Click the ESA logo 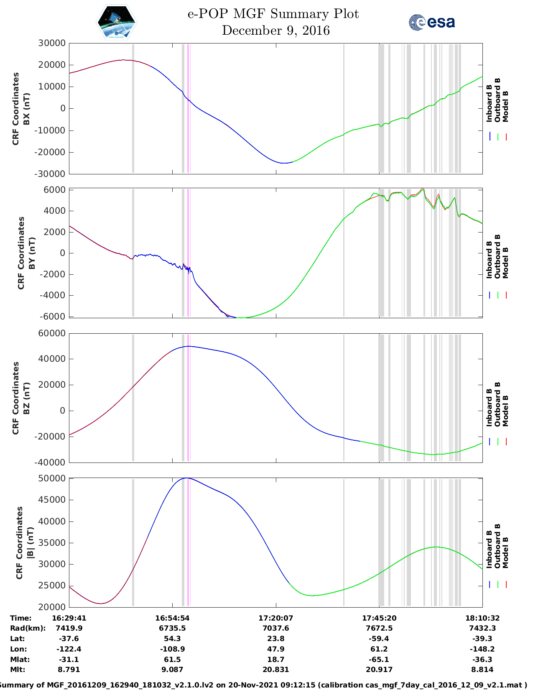(x=431, y=22)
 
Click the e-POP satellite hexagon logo (x=116, y=22)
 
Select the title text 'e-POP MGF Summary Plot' (x=273, y=14)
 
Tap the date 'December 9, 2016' (x=275, y=31)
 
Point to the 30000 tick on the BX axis (x=52, y=43)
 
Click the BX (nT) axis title (x=26, y=109)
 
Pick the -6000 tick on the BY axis (x=52, y=316)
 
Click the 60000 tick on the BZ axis (x=52, y=333)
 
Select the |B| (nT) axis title (x=30, y=542)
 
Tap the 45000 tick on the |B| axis (x=52, y=499)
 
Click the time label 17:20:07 (x=275, y=618)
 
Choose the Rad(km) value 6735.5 (x=172, y=628)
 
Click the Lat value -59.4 (x=379, y=638)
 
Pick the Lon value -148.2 (x=482, y=649)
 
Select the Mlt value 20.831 (x=275, y=670)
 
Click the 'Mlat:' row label (x=20, y=659)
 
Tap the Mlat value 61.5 (x=172, y=659)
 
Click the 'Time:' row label (x=20, y=618)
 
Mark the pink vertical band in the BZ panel (x=188, y=398)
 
